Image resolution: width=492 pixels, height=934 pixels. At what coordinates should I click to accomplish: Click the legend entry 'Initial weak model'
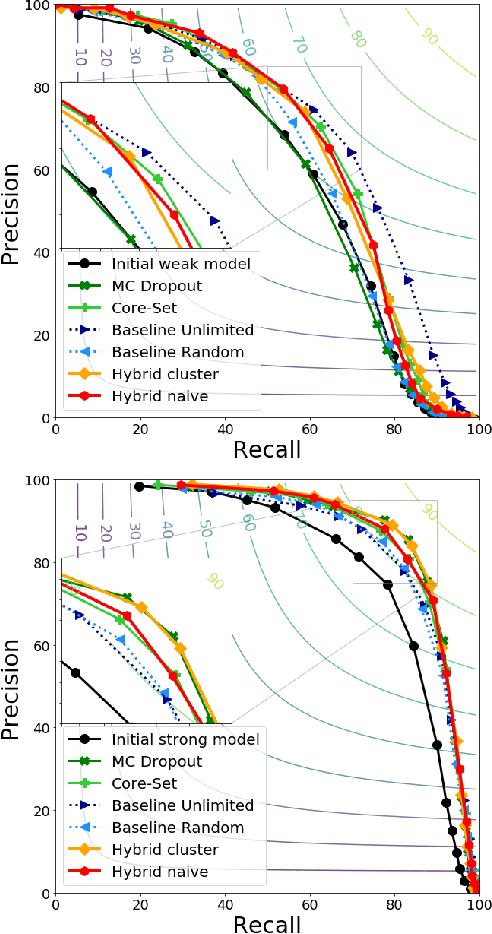pyautogui.click(x=167, y=264)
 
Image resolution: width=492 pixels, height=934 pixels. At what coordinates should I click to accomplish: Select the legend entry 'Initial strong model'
pyautogui.click(x=171, y=739)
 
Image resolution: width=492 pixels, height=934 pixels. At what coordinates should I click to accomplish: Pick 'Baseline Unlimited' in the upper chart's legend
pyautogui.click(x=168, y=330)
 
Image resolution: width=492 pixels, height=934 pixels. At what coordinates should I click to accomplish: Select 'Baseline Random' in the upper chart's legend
pyautogui.click(x=163, y=352)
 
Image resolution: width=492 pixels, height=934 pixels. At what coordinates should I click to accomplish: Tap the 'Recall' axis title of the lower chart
pyautogui.click(x=267, y=921)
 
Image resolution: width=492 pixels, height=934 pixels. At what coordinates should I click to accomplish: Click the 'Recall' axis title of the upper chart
pyautogui.click(x=267, y=447)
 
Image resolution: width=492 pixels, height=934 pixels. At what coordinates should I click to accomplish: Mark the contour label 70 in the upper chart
pyautogui.click(x=299, y=44)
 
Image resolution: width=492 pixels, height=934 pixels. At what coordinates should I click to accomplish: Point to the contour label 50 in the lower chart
pyautogui.click(x=205, y=526)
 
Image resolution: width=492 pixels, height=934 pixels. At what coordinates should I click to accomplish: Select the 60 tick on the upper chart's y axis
pyautogui.click(x=41, y=170)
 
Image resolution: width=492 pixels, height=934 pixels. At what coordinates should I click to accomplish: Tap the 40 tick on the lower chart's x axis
pyautogui.click(x=225, y=904)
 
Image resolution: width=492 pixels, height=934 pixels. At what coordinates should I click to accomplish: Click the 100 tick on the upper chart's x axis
pyautogui.click(x=478, y=429)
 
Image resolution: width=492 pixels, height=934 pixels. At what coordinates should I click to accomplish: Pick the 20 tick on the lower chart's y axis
pyautogui.click(x=41, y=810)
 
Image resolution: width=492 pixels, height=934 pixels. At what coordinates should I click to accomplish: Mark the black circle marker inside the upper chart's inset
pyautogui.click(x=93, y=191)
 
